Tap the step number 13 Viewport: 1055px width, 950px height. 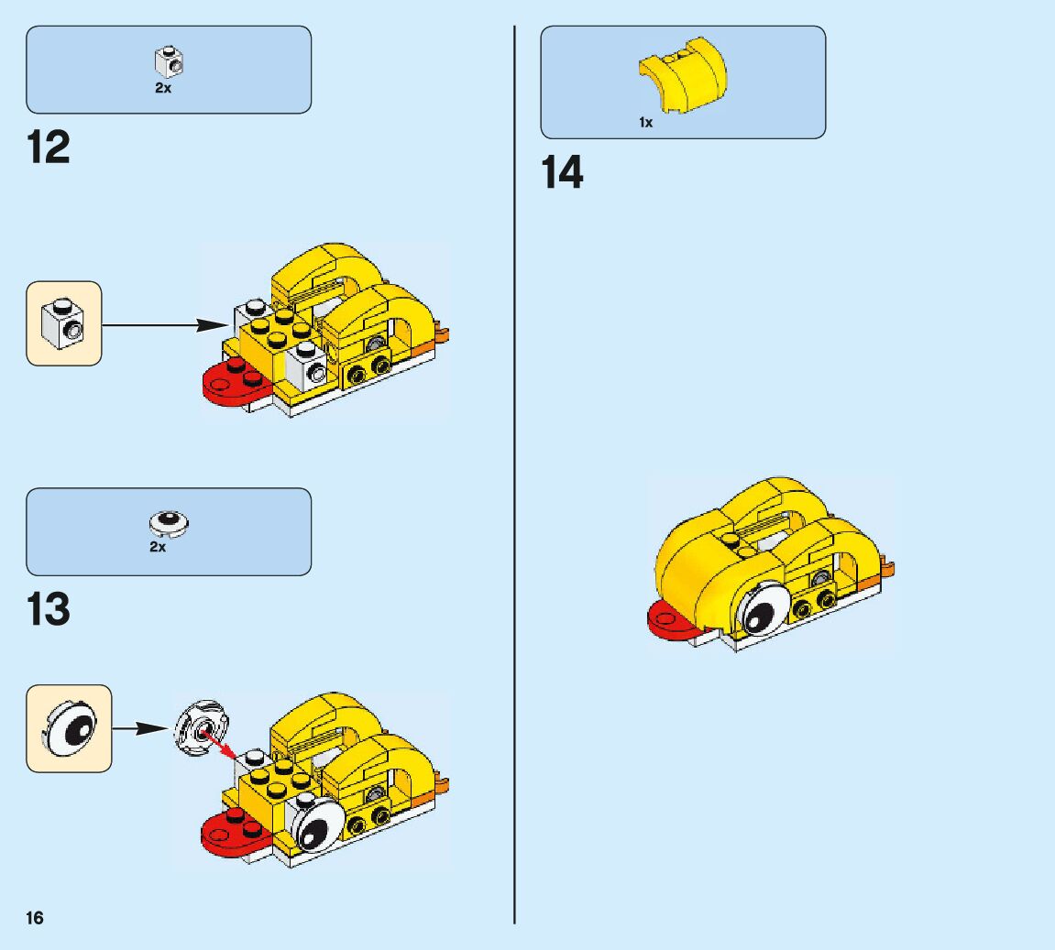pyautogui.click(x=49, y=609)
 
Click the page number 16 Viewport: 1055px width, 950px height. pyautogui.click(x=35, y=918)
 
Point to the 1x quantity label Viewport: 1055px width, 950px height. pyautogui.click(x=646, y=122)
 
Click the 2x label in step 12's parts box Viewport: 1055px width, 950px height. pyautogui.click(x=162, y=89)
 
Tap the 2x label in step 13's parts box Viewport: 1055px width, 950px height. pyautogui.click(x=159, y=547)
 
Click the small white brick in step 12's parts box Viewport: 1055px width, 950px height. pyautogui.click(x=168, y=62)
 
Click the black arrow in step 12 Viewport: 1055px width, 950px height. pyautogui.click(x=165, y=323)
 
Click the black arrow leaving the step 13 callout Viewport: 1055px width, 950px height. pyautogui.click(x=137, y=728)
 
